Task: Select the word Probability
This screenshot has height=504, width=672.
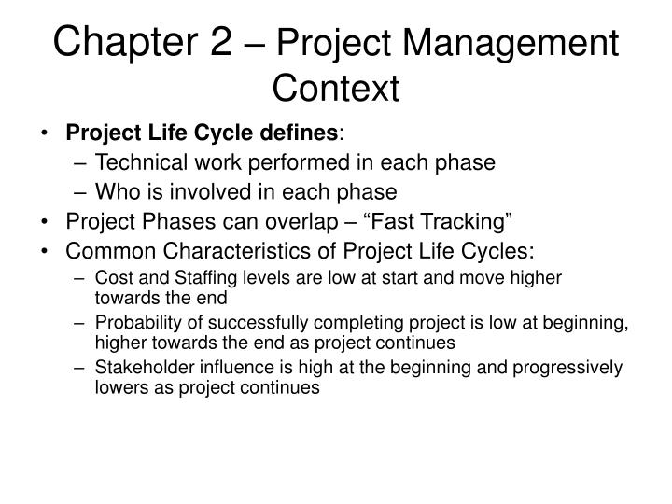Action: click(x=136, y=324)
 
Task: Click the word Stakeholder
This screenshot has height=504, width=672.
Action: click(x=141, y=369)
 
